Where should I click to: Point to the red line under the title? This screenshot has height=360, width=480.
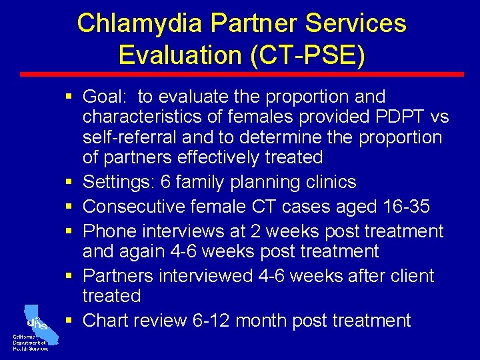tap(240, 74)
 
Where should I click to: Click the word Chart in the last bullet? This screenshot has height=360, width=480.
tap(105, 321)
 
